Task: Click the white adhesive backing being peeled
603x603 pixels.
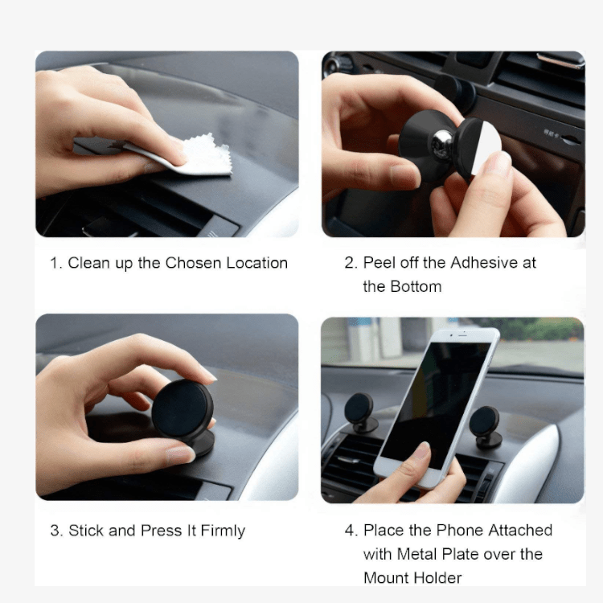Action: pyautogui.click(x=483, y=149)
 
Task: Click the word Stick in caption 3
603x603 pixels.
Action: pyautogui.click(x=85, y=531)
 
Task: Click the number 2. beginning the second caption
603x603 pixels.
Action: pyautogui.click(x=351, y=263)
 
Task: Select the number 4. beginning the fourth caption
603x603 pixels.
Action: pyautogui.click(x=351, y=531)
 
